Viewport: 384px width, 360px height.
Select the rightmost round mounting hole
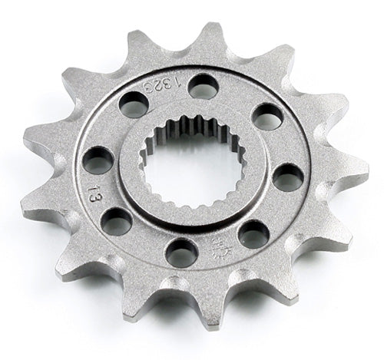point(287,178)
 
